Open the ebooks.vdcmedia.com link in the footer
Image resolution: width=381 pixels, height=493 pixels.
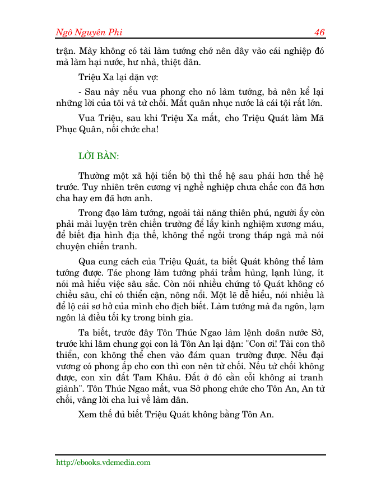pos(103,463)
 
